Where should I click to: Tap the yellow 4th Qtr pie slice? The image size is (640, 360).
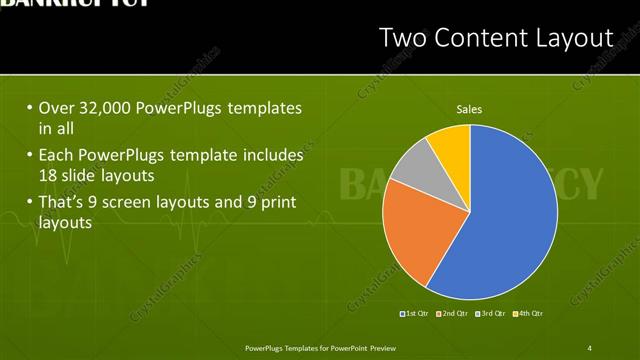452,146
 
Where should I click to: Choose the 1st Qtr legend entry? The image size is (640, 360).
416,314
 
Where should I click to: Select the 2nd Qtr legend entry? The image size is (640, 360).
453,314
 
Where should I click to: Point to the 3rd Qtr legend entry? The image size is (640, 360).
490,314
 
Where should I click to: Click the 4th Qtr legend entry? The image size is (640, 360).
527,314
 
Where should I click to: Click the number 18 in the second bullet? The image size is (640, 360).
47,173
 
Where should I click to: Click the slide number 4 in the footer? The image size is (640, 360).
589,348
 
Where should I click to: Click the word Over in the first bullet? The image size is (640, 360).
56,108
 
